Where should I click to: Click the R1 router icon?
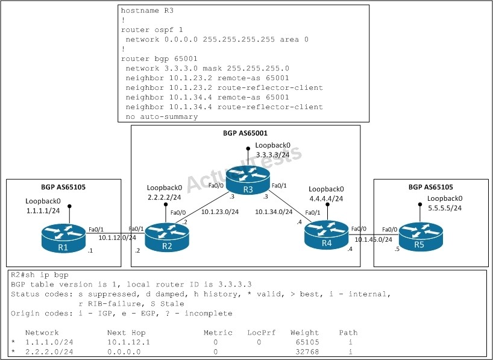tap(63, 238)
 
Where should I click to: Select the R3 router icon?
tap(248, 180)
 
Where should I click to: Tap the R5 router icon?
tap(421, 236)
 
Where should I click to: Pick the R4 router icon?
tap(327, 235)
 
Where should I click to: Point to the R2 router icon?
tap(167, 238)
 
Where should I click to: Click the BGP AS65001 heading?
tap(245, 133)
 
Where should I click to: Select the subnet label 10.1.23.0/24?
tap(220, 212)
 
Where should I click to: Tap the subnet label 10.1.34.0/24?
tap(274, 212)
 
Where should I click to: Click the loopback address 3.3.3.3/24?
tap(272, 154)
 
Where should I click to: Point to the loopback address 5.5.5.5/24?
tap(445, 207)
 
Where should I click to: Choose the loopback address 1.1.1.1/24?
tap(43, 210)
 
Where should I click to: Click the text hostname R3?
tap(147, 10)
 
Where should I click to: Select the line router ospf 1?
tap(152, 30)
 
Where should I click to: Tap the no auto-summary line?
tap(162, 117)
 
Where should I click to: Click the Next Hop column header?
tap(126, 333)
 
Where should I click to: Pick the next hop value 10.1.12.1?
tap(128, 342)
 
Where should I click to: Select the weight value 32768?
tap(307, 352)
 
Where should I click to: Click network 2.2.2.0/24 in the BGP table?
tap(49, 352)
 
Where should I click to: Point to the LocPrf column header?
tap(262, 333)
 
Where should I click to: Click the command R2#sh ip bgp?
tap(40, 275)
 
